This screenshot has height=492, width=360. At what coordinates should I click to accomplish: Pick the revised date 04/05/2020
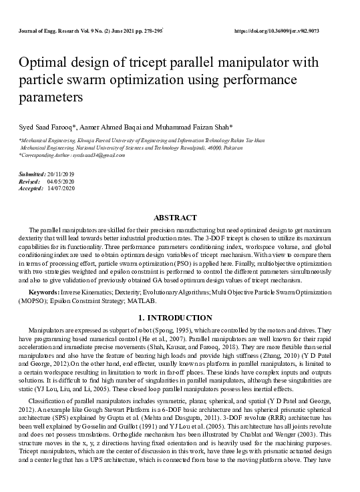61,181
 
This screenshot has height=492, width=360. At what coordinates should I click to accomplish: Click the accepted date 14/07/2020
61,188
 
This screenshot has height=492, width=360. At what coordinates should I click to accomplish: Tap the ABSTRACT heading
176,218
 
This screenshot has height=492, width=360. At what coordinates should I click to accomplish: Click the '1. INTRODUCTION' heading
175,317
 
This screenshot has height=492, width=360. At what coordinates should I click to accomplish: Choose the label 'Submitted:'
31,174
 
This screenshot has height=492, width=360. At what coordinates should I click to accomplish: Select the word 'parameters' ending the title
50,97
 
